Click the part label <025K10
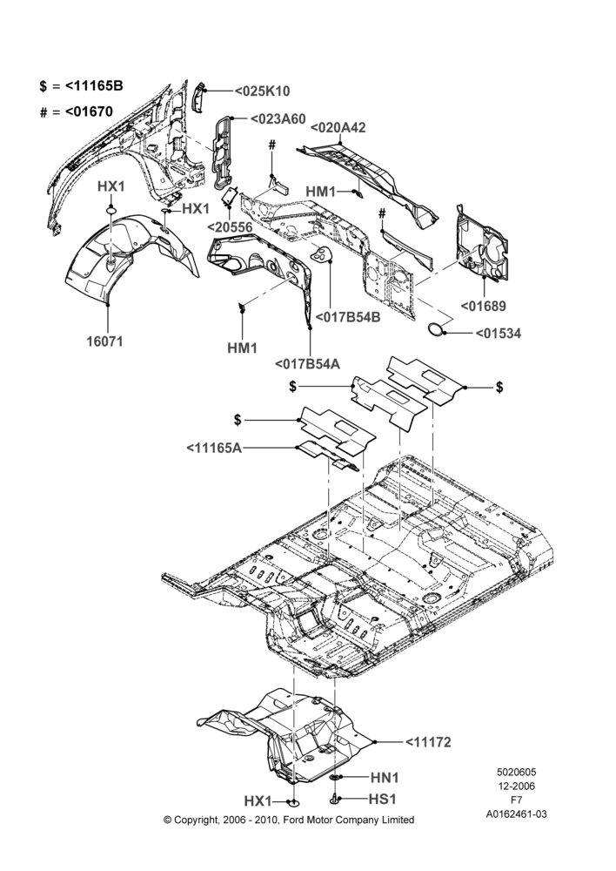click(x=262, y=91)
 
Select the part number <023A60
click(x=278, y=118)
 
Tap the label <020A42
click(x=338, y=127)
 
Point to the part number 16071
click(x=104, y=341)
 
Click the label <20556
click(x=231, y=227)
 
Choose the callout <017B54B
click(x=348, y=317)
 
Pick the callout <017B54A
click(x=307, y=364)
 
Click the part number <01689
click(x=484, y=306)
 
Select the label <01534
click(x=499, y=334)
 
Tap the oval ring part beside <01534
click(x=437, y=329)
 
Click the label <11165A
click(x=214, y=448)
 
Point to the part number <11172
click(x=428, y=741)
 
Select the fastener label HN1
click(x=384, y=778)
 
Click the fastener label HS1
click(x=383, y=799)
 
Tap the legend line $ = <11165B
click(x=82, y=86)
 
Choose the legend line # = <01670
click(x=77, y=111)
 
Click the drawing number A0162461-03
click(x=516, y=814)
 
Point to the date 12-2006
click(x=516, y=786)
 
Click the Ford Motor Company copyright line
click(x=289, y=820)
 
